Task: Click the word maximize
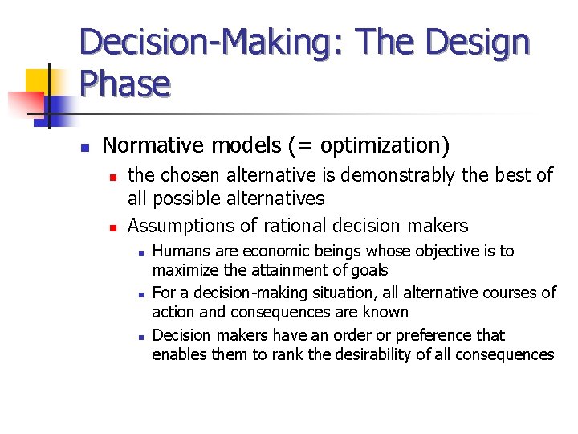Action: point(184,270)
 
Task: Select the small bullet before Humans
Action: point(140,252)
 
